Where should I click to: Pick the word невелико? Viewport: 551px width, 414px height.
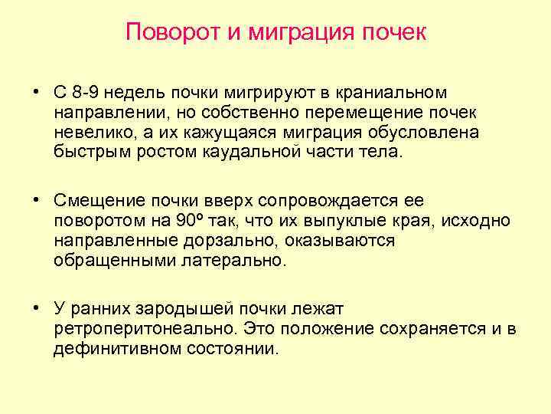click(x=85, y=132)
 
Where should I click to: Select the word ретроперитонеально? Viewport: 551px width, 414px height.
click(x=142, y=329)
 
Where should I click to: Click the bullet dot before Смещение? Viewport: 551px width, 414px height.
click(x=36, y=201)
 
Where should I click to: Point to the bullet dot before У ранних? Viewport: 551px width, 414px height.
click(x=36, y=309)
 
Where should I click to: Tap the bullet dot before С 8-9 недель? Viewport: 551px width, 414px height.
click(x=36, y=93)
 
